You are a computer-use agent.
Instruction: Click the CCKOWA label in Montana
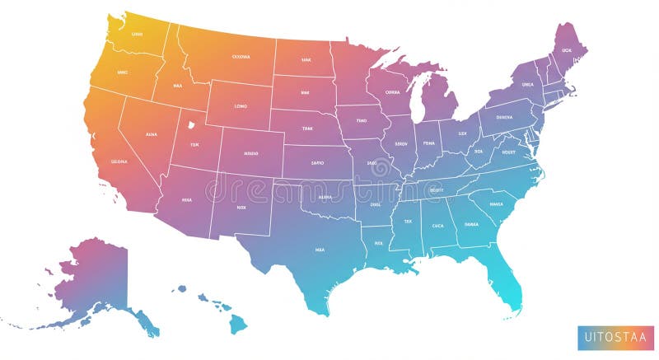tap(241, 57)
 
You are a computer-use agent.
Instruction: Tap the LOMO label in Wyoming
tap(241, 106)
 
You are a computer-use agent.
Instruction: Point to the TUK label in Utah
tap(194, 144)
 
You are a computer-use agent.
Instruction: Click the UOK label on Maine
tap(566, 50)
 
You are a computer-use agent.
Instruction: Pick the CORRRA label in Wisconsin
tap(391, 92)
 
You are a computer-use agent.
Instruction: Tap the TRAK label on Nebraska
tap(306, 128)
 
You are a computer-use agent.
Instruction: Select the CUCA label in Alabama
tap(437, 225)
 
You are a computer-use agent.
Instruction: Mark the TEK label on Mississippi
tap(407, 221)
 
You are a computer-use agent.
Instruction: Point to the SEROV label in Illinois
tap(401, 143)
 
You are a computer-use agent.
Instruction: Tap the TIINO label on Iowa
tap(361, 120)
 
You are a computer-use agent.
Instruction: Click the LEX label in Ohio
tap(462, 133)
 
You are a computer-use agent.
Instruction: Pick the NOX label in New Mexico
tap(241, 208)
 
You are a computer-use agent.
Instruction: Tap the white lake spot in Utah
tap(190, 126)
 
